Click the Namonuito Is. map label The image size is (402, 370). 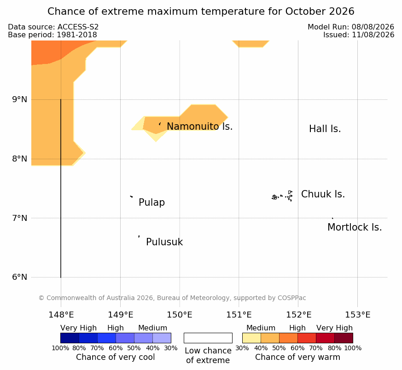pos(200,126)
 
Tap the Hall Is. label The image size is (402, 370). pos(325,129)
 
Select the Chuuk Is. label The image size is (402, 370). pos(323,194)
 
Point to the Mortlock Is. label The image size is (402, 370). pos(355,227)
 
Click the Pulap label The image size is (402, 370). pos(152,202)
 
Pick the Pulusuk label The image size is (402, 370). pos(164,242)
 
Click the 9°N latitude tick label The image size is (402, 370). pos(19,99)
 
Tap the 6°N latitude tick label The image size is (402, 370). pos(19,277)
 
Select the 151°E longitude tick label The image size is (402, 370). pos(239,315)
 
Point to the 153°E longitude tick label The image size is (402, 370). pos(358,315)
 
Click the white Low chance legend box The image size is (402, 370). pos(208,338)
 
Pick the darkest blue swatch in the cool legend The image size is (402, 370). pos(70,338)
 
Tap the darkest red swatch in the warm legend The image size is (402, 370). pos(344,338)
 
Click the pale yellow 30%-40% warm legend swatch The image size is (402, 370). pos(251,338)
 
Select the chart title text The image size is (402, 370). pos(201,12)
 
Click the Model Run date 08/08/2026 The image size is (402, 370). pos(373,27)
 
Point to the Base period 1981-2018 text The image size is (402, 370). pos(52,35)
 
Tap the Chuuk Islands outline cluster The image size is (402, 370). pos(282,196)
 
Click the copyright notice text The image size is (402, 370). pos(172,298)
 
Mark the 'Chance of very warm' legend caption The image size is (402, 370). pos(297,357)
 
